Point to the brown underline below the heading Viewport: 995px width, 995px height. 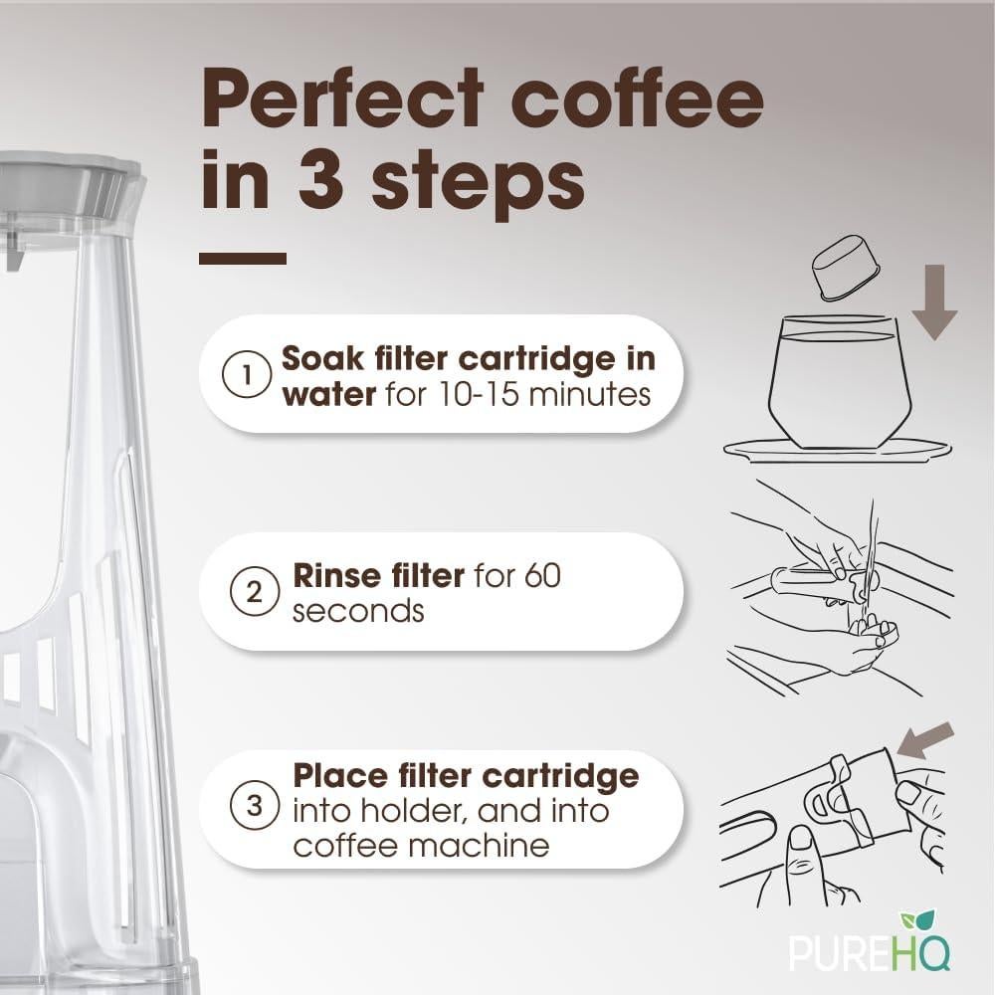pos(243,258)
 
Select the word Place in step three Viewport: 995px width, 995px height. pos(335,774)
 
